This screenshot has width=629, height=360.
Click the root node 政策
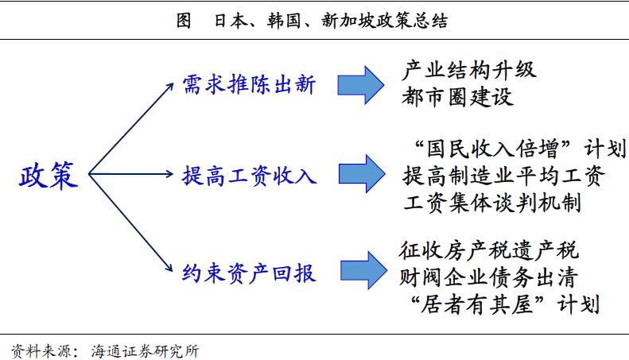point(49,175)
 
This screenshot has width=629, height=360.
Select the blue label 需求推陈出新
point(249,84)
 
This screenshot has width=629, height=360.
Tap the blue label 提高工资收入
point(249,176)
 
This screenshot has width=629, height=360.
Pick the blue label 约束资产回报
point(249,273)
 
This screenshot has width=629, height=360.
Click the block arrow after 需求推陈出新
point(361,85)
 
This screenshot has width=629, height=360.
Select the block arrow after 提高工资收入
point(362,174)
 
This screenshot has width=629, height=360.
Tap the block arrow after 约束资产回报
point(363,271)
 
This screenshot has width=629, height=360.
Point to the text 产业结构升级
point(468,70)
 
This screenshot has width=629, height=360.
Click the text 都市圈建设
point(457,97)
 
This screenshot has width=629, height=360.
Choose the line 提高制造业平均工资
point(503,176)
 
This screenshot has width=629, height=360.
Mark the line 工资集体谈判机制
point(491,202)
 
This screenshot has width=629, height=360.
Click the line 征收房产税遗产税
point(489,250)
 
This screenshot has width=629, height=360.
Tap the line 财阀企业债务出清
point(488,277)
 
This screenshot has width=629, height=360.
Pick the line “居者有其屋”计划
point(505,304)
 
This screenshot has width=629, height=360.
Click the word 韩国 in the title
point(284,21)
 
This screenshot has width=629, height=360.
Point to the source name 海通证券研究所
point(145,351)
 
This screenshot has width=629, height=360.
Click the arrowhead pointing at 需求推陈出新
point(170,86)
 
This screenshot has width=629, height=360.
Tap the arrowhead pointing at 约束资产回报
point(169,267)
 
